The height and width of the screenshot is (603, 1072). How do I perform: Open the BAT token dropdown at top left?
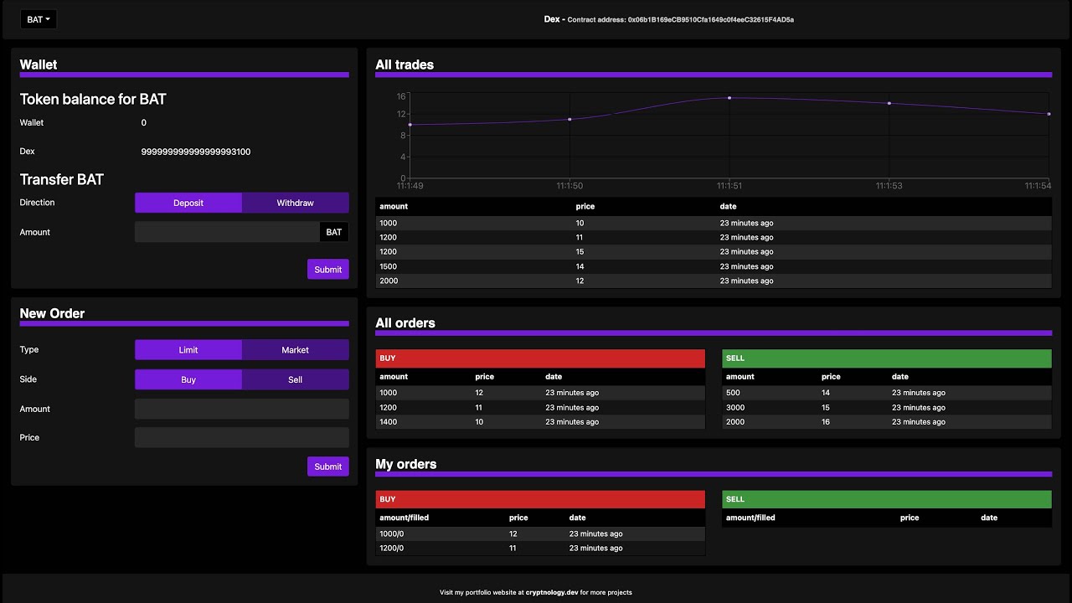click(x=39, y=19)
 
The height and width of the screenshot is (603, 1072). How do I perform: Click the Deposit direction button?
click(x=188, y=203)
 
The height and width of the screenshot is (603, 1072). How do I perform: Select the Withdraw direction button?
click(x=295, y=203)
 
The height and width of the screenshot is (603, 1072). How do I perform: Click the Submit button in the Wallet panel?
click(x=327, y=269)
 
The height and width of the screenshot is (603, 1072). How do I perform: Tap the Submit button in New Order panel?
click(x=327, y=466)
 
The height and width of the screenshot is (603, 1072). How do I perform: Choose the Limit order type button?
click(x=188, y=350)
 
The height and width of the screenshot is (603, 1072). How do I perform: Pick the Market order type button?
click(x=295, y=350)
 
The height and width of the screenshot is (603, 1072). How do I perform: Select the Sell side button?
click(x=295, y=379)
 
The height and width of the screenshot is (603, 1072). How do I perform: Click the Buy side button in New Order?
click(x=188, y=379)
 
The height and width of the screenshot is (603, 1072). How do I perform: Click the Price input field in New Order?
click(x=241, y=438)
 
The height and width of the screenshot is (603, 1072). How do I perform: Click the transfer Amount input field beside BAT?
click(x=227, y=232)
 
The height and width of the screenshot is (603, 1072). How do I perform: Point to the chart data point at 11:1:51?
click(x=729, y=98)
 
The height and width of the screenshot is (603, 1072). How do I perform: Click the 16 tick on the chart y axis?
click(x=401, y=95)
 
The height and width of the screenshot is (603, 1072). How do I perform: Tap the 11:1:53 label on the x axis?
click(x=889, y=185)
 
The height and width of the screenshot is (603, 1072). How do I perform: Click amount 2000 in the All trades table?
click(x=389, y=281)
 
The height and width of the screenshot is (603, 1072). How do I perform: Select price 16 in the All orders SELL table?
click(x=825, y=422)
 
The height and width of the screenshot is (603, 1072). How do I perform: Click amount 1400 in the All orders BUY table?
click(x=389, y=422)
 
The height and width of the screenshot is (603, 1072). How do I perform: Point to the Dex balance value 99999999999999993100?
click(x=196, y=152)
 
